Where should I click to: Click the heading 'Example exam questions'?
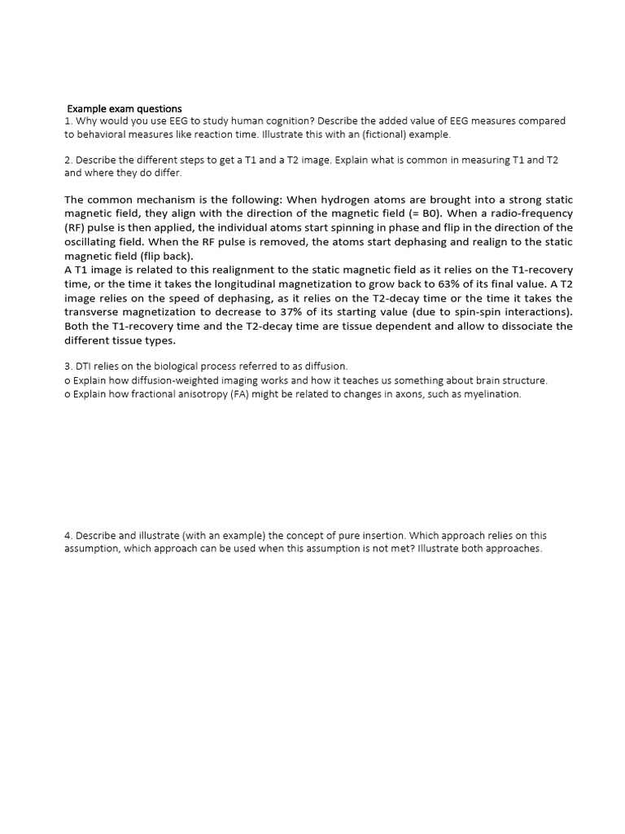[x=124, y=108]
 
